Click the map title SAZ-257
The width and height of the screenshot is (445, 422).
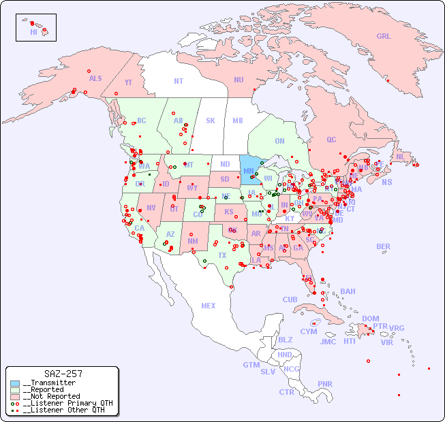pos(63,374)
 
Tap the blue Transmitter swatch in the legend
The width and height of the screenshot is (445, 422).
pos(15,383)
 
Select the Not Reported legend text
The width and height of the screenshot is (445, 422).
pos(51,396)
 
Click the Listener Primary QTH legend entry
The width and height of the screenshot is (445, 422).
pos(67,403)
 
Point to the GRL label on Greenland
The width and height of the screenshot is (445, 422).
pos(384,36)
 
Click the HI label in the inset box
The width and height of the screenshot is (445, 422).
pos(33,32)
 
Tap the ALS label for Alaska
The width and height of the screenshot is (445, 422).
pos(95,78)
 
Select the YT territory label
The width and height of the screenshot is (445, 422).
pos(128,82)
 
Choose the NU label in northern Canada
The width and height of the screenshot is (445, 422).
pos(239,80)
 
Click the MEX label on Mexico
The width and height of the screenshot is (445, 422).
pos(209,306)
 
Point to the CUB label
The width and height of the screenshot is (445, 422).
pos(290,299)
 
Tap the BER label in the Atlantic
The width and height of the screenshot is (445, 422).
pos(383,246)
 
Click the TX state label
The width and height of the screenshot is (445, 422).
pos(222,255)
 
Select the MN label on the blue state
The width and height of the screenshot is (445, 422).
pos(249,171)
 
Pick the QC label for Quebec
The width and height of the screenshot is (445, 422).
pos(331,140)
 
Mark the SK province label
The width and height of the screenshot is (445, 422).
pos(211,120)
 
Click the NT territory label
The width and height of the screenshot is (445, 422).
pos(179,80)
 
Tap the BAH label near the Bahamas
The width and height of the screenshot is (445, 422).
pos(348,291)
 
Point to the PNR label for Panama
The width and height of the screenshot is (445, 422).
pos(325,384)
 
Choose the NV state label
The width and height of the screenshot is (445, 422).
pos(151,208)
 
